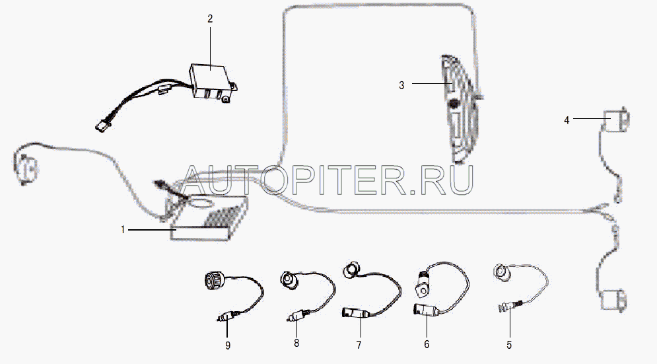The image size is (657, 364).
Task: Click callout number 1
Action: [123, 230]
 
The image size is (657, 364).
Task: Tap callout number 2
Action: [210, 19]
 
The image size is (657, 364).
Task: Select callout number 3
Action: [401, 85]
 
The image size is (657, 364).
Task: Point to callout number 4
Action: [567, 120]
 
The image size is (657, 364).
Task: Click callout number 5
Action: [509, 345]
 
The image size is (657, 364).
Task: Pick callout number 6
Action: [427, 344]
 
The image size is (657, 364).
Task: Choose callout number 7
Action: [359, 345]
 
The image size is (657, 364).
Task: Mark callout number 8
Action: [296, 343]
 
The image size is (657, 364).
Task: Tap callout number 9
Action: [228, 346]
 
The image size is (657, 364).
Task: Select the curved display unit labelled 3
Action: [460, 109]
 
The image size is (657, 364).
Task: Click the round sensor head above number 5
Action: [501, 272]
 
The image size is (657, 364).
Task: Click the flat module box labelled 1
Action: [209, 220]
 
